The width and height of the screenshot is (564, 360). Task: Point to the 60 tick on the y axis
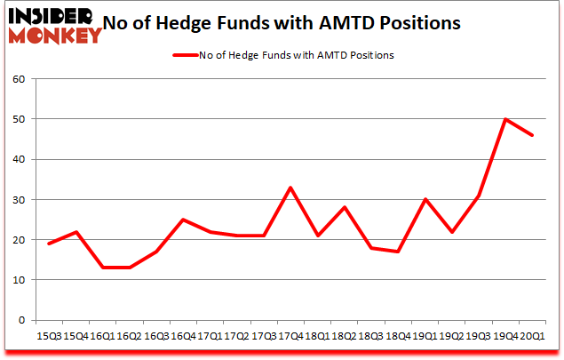tap(18, 79)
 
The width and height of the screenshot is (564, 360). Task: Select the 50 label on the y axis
tap(18, 119)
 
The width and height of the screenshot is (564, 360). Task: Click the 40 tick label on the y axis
tap(18, 159)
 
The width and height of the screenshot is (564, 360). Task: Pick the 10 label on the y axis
tap(18, 280)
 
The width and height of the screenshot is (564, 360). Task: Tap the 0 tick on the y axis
tap(21, 320)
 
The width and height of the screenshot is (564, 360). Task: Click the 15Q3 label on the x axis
tap(50, 336)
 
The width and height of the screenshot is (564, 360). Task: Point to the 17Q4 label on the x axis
tap(290, 336)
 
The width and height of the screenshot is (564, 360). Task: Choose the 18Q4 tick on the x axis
tap(396, 336)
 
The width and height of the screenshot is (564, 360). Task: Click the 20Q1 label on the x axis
tap(532, 336)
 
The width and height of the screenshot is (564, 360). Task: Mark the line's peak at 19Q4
tap(505, 119)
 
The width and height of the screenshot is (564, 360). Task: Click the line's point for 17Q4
tap(290, 188)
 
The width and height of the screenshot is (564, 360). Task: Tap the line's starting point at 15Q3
tap(50, 244)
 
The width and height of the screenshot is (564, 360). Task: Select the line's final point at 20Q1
tap(532, 135)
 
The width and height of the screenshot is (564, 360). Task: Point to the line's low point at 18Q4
tap(398, 252)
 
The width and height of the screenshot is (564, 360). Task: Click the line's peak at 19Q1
tap(425, 199)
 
